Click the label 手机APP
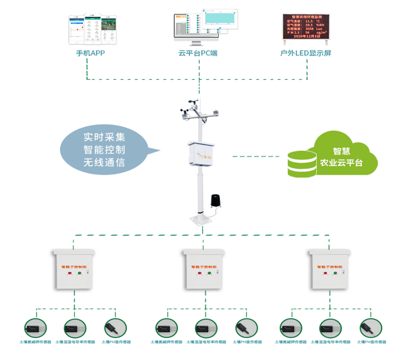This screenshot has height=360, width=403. [x=90, y=53]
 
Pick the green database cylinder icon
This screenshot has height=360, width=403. [x=302, y=163]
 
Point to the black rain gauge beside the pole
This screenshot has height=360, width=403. [x=216, y=202]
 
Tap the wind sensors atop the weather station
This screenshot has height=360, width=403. [x=197, y=110]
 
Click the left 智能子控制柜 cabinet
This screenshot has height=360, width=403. [x=75, y=270]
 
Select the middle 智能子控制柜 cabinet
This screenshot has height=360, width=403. [x=203, y=270]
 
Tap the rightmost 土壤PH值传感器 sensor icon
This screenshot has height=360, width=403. [x=369, y=327]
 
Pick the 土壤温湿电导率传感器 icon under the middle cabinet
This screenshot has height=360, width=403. [x=203, y=327]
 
